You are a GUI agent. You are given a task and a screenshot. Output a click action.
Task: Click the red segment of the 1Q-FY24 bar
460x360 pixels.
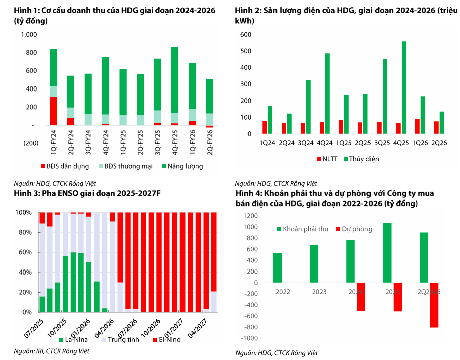click(x=53, y=111)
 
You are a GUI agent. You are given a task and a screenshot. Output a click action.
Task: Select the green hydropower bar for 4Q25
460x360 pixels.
click(x=404, y=87)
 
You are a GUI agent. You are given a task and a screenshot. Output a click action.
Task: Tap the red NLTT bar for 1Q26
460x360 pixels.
click(x=417, y=127)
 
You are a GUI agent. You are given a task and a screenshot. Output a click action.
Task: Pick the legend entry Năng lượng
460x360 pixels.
click(x=183, y=166)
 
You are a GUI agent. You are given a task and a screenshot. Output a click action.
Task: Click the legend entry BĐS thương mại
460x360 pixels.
click(x=126, y=166)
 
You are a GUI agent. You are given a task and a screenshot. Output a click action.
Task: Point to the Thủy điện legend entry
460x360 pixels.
click(x=361, y=159)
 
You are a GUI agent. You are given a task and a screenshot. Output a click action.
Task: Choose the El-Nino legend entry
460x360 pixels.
click(x=167, y=340)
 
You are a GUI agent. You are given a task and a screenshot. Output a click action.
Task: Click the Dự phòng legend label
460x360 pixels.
click(x=354, y=229)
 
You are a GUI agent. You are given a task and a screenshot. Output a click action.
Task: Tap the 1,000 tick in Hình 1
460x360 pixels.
click(x=29, y=35)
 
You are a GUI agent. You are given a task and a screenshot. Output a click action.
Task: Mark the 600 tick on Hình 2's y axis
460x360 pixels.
click(x=246, y=35)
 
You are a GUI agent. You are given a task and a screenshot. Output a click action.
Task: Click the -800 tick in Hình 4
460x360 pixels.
click(x=249, y=327)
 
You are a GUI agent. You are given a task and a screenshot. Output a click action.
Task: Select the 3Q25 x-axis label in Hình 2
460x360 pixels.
click(x=382, y=143)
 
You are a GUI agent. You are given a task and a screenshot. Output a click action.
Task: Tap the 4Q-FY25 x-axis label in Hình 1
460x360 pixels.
click(x=175, y=143)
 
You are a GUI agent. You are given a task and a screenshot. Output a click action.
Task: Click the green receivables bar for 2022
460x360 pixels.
click(x=277, y=268)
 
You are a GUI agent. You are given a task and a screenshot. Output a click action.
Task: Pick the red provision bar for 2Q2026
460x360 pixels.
click(x=434, y=305)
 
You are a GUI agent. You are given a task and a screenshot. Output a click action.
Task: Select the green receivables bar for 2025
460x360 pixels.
click(x=387, y=253)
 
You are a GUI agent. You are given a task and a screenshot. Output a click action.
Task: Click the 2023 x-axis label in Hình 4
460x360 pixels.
click(x=319, y=292)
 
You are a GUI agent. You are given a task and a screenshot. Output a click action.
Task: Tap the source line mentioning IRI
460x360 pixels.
click(x=52, y=351)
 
